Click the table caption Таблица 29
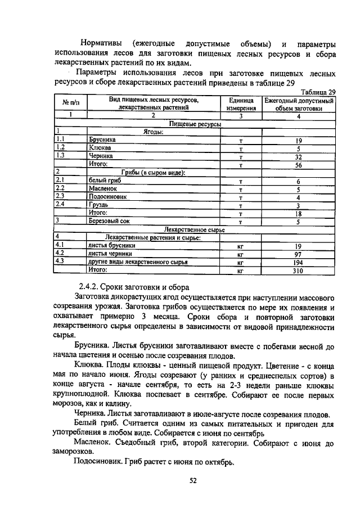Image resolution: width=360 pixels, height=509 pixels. [318, 92]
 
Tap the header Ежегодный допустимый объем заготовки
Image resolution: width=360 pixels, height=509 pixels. [299, 104]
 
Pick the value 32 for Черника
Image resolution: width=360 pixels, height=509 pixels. [299, 157]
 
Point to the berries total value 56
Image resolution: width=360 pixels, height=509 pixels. [299, 165]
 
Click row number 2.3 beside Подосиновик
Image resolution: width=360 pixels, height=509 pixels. [61, 197]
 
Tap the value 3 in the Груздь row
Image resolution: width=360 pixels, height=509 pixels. [299, 206]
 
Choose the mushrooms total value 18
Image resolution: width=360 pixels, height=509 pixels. [299, 214]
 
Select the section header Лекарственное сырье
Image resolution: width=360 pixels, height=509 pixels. [194, 230]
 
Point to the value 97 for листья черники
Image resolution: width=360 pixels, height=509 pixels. [299, 254]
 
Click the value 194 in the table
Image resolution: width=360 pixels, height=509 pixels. [299, 262]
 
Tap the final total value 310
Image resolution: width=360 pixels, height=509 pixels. [299, 271]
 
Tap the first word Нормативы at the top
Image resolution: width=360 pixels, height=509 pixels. [101, 44]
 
